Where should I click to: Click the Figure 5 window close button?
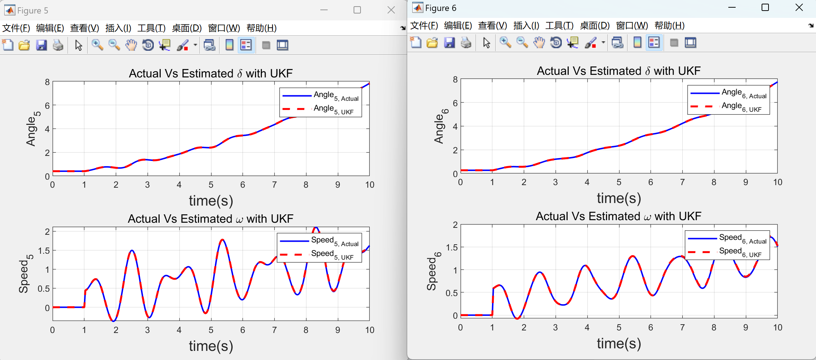(391, 10)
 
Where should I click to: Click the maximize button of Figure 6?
(765, 8)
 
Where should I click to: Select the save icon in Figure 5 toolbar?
(41, 45)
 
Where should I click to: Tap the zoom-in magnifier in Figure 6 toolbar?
(505, 43)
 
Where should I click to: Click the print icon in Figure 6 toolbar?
(466, 43)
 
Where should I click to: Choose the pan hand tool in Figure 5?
(131, 45)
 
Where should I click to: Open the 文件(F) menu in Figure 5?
(16, 28)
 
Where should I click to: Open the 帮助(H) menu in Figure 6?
(669, 26)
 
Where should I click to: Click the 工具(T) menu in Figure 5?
(151, 28)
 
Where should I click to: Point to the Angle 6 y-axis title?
(440, 126)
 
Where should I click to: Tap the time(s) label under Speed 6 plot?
(619, 344)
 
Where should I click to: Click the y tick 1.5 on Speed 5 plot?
(44, 251)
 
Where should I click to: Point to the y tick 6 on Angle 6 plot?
(455, 103)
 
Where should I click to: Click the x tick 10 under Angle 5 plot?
(370, 185)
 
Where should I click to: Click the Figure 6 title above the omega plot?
(618, 217)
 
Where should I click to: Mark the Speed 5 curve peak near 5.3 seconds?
(222, 240)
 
